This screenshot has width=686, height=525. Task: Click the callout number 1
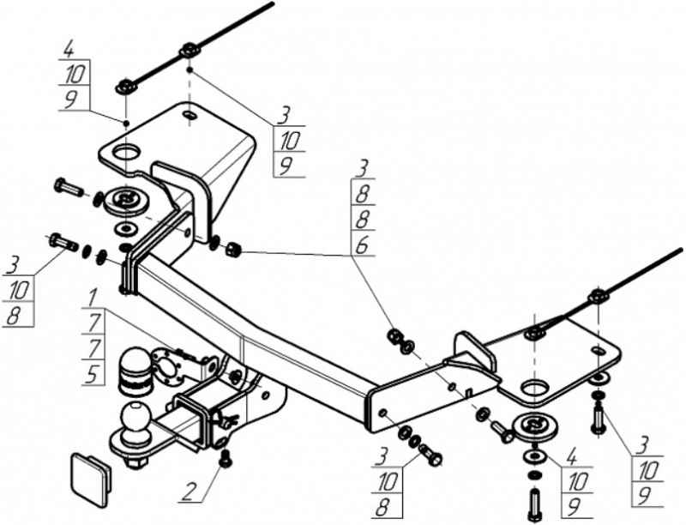[x=92, y=299]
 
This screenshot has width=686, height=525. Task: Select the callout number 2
[x=189, y=492]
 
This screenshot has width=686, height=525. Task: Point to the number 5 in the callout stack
[x=93, y=373]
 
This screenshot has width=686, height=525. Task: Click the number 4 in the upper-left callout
[x=69, y=49]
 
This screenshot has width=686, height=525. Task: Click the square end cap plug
[x=91, y=480]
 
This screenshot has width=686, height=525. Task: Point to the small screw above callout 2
[x=225, y=459]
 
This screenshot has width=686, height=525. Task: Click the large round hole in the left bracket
[x=126, y=152]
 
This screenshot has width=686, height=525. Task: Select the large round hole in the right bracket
[x=535, y=389]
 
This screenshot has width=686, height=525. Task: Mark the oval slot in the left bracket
[x=190, y=115]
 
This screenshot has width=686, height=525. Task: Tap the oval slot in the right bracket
[x=598, y=351]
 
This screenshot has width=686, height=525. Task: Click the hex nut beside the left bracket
[x=232, y=250]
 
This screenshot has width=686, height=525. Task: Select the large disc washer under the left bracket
[x=126, y=202]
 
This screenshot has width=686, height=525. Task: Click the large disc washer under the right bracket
[x=535, y=427]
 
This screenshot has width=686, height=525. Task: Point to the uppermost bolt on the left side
[x=69, y=188]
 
